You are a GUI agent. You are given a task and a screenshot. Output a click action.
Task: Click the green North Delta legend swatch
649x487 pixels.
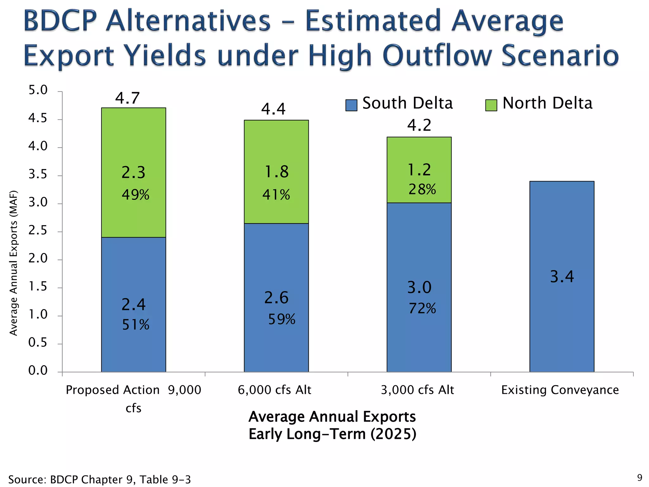(x=491, y=105)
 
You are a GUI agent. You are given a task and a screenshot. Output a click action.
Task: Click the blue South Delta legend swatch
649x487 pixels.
(x=351, y=105)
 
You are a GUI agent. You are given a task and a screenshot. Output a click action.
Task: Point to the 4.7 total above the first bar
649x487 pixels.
(x=127, y=98)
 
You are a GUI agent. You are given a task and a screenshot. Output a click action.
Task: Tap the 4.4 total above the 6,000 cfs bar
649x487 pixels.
(x=273, y=109)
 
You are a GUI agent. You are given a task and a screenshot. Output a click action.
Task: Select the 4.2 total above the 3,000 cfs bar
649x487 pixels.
(x=419, y=125)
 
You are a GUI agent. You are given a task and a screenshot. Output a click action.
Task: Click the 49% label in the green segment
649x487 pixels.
(x=135, y=195)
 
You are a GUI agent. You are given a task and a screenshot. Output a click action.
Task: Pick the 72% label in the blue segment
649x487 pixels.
(x=422, y=308)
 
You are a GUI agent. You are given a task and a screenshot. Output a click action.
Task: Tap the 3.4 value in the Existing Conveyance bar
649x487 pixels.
(x=562, y=276)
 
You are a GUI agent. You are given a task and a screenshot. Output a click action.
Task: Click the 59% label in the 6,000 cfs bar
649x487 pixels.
(x=281, y=319)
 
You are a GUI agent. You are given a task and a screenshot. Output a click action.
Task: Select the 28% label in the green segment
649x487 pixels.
(x=422, y=189)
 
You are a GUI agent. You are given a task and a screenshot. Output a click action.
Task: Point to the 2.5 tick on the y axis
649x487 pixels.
(x=38, y=231)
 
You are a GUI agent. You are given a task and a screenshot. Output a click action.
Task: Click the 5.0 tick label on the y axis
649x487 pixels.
(x=38, y=90)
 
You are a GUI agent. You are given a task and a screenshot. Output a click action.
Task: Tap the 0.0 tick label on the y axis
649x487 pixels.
(x=38, y=370)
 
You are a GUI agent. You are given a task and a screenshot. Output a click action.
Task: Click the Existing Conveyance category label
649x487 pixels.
(x=560, y=390)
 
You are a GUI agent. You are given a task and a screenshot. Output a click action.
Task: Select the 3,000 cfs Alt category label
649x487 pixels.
(x=417, y=390)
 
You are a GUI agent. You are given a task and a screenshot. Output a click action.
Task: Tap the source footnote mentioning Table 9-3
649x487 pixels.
(x=100, y=479)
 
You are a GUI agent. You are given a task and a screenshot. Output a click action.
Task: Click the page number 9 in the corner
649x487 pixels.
(x=639, y=477)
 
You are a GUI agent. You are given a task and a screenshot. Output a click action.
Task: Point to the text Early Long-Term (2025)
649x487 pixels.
(x=332, y=434)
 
